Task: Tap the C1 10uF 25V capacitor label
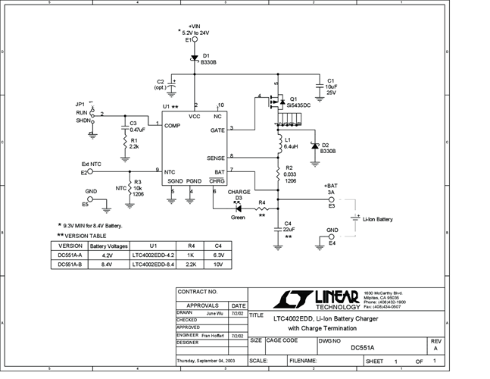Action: click(x=331, y=87)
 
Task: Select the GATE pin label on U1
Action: click(x=217, y=130)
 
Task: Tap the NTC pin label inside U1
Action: click(x=170, y=172)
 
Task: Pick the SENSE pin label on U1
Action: click(x=216, y=158)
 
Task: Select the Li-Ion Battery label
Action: click(x=378, y=219)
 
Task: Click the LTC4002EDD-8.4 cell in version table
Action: click(x=154, y=265)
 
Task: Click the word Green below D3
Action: click(x=239, y=218)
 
